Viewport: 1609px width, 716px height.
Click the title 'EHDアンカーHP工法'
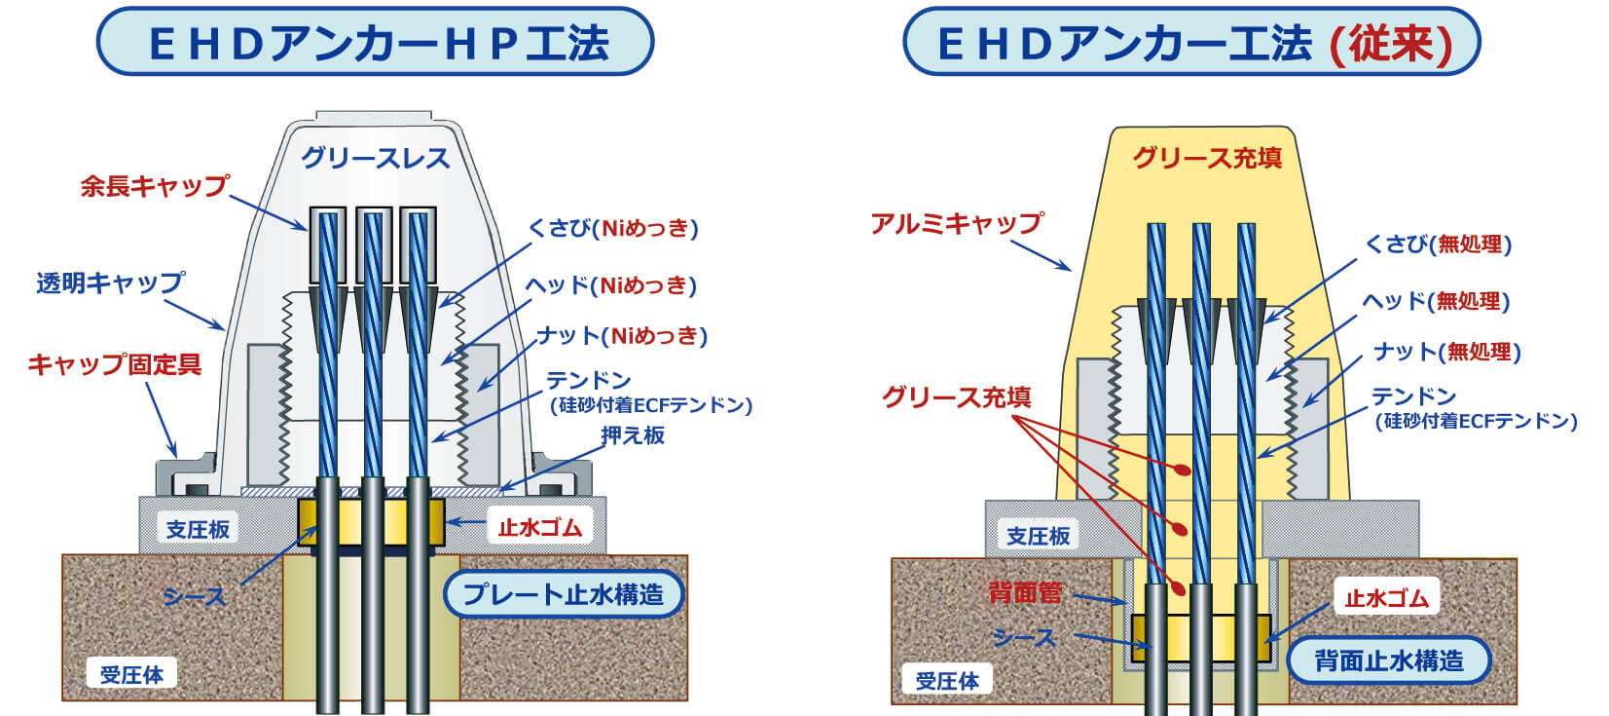(379, 43)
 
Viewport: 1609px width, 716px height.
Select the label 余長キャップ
(155, 186)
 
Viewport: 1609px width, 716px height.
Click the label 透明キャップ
(111, 283)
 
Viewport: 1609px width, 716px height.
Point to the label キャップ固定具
(115, 364)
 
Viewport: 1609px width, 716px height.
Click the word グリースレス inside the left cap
(375, 158)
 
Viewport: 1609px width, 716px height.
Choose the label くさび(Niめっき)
(612, 229)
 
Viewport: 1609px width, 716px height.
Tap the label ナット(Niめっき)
(622, 336)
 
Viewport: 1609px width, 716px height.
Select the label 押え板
(633, 434)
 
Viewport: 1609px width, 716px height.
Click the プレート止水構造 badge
(564, 594)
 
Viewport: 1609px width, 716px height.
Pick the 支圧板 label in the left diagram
(198, 530)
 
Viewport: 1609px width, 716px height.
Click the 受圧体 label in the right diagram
(947, 680)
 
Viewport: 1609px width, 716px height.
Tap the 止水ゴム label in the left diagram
(539, 527)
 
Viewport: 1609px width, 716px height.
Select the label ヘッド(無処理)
(1437, 301)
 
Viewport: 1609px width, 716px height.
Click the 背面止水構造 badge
(1389, 660)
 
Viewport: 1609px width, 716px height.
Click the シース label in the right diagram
(1024, 637)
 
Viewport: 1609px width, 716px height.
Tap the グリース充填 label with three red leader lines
(956, 396)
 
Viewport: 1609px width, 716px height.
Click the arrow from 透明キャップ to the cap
(194, 315)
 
